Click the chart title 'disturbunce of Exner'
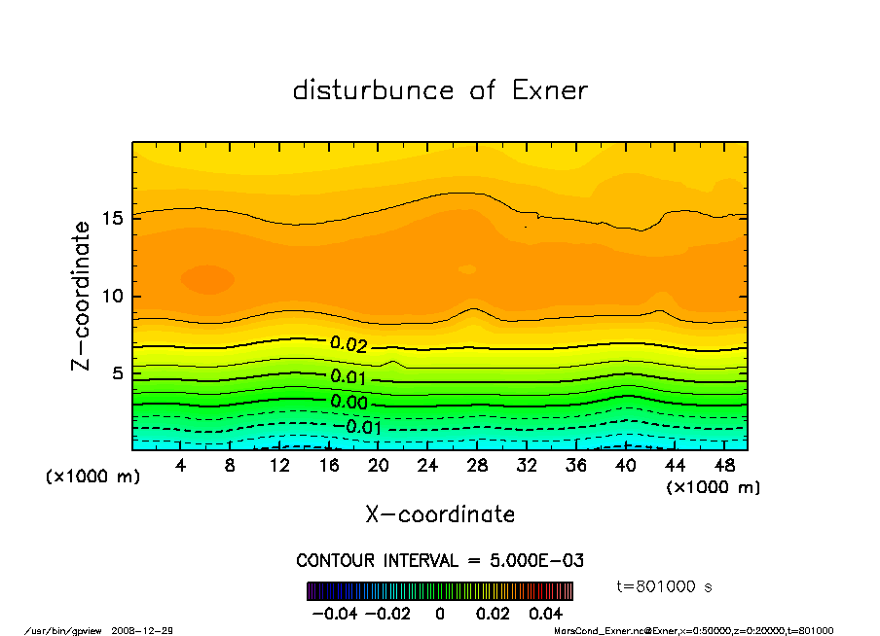440,90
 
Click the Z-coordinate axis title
82,296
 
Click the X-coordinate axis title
440,513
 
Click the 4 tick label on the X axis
181,466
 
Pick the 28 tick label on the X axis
477,466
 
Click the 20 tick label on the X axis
378,466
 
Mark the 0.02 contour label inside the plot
348,343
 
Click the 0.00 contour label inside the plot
348,402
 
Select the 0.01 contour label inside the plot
348,376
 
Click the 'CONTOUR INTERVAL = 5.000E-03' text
440,561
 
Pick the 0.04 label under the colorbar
545,614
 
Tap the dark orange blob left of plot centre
207,279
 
